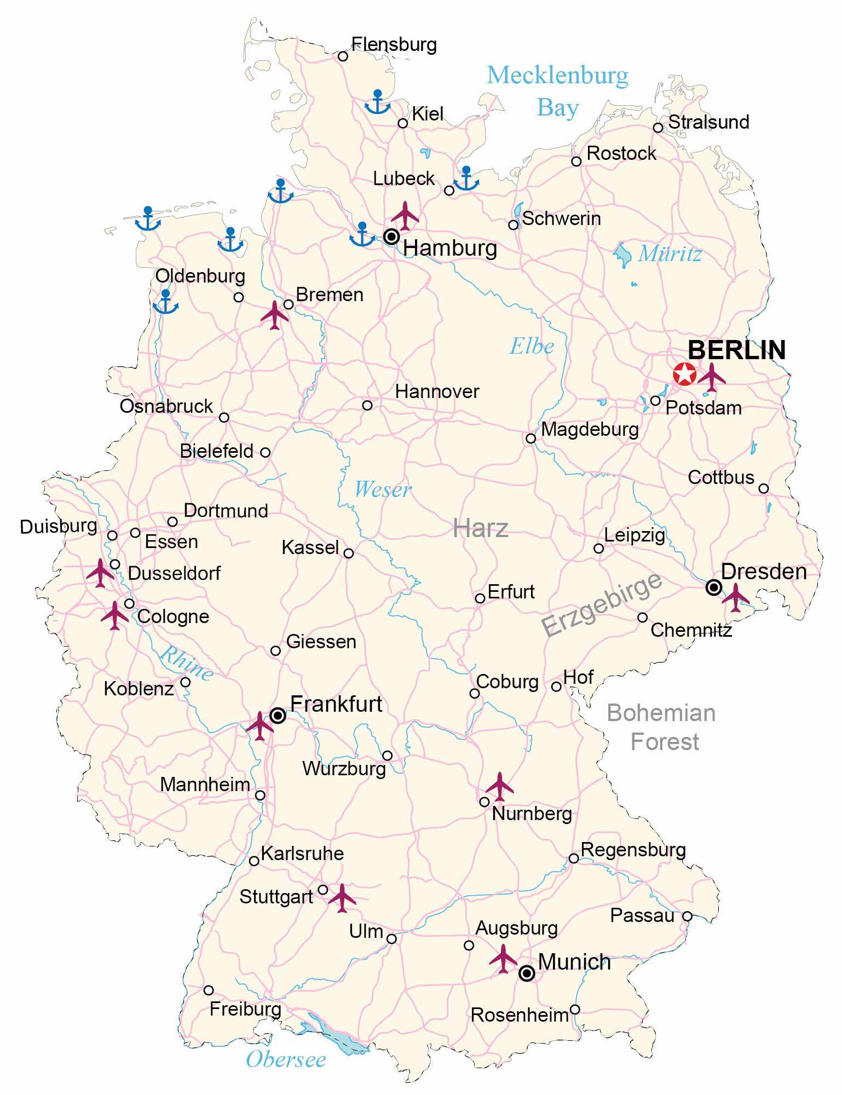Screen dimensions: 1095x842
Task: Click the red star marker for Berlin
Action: click(x=684, y=374)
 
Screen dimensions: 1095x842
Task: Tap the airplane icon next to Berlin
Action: click(x=711, y=377)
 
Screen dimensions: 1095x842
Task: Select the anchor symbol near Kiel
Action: click(x=377, y=102)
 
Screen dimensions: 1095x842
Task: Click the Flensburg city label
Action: click(x=394, y=44)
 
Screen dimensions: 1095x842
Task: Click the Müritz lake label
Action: click(x=670, y=253)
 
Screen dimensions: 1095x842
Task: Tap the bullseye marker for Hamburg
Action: click(x=391, y=237)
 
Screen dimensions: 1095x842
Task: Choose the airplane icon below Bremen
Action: click(x=275, y=315)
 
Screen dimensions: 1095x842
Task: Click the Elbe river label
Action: click(x=532, y=346)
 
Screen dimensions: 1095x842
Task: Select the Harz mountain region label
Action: click(x=481, y=528)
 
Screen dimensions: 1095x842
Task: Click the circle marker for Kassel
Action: click(x=348, y=553)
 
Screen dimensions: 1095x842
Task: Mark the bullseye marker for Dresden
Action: click(x=713, y=587)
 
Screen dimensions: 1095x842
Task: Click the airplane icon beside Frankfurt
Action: click(x=259, y=725)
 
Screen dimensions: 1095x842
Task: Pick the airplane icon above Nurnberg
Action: click(x=499, y=786)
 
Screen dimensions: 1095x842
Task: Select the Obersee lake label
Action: click(x=286, y=1059)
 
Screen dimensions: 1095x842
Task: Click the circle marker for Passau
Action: click(x=687, y=916)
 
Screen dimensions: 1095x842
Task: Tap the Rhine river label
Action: click(x=186, y=663)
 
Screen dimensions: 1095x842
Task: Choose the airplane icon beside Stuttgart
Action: click(x=342, y=897)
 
